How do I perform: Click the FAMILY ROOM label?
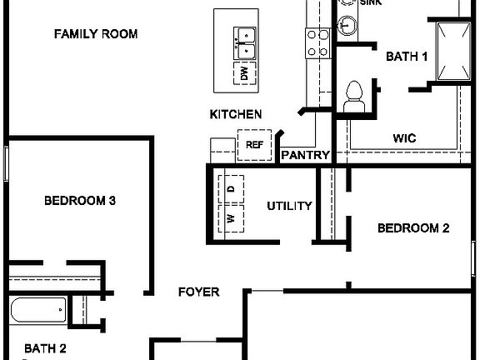pyautogui.click(x=96, y=34)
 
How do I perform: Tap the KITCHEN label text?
pyautogui.click(x=236, y=114)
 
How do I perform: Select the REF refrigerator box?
pyautogui.click(x=254, y=144)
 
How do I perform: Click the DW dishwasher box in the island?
pyautogui.click(x=245, y=74)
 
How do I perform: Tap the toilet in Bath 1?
pyautogui.click(x=354, y=94)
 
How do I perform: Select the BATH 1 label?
pyautogui.click(x=407, y=57)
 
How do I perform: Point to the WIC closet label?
pyautogui.click(x=404, y=138)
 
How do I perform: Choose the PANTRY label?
pyautogui.click(x=306, y=155)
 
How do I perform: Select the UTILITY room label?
pyautogui.click(x=289, y=206)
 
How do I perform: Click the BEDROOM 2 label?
pyautogui.click(x=413, y=228)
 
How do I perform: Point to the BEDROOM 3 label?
pyautogui.click(x=79, y=201)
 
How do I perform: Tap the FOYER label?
pyautogui.click(x=199, y=292)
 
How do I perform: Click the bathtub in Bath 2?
pyautogui.click(x=36, y=312)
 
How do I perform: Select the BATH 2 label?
pyautogui.click(x=45, y=348)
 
